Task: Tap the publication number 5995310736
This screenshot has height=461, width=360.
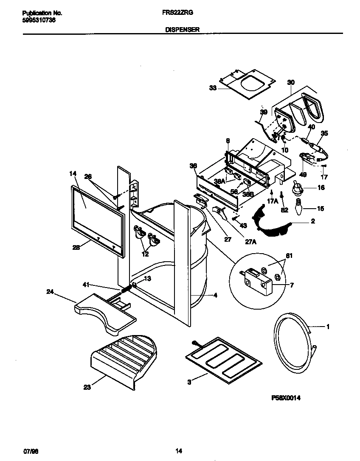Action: [x=38, y=20]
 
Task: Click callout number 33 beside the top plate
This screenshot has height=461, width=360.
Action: [x=213, y=88]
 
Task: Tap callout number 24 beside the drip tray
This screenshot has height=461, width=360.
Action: [x=50, y=291]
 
